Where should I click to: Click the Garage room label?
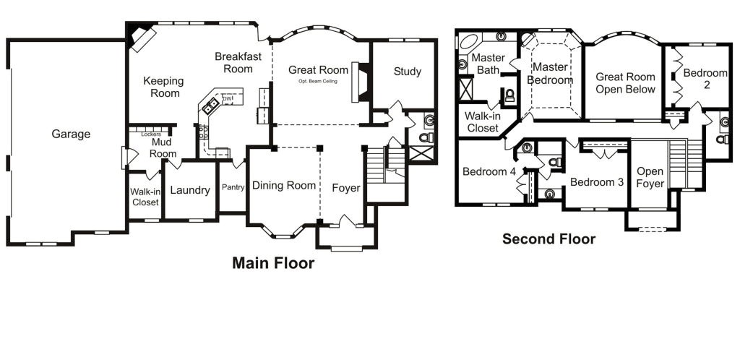click(71, 134)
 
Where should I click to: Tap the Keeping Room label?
click(163, 87)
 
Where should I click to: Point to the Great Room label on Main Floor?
click(318, 70)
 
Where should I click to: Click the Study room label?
click(408, 72)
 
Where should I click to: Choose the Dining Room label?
click(283, 186)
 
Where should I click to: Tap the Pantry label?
click(233, 187)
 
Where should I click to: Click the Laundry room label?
click(189, 191)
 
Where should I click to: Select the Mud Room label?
click(163, 148)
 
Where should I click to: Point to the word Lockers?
click(151, 134)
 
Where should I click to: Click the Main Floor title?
click(273, 263)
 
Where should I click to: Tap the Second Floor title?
click(548, 239)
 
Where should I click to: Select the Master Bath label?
click(487, 64)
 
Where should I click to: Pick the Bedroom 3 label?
click(596, 182)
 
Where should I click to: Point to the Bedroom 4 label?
click(489, 172)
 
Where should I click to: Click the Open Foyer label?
click(650, 178)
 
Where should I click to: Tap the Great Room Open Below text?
click(625, 83)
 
